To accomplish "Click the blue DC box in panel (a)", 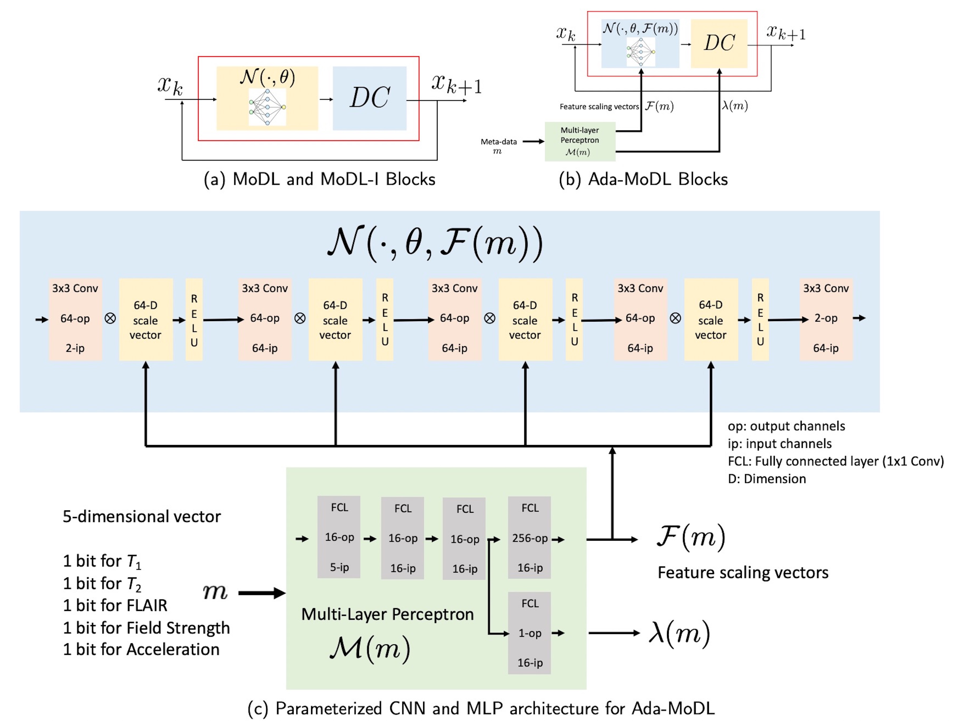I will pyautogui.click(x=369, y=98).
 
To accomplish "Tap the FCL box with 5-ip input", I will pyautogui.click(x=339, y=537).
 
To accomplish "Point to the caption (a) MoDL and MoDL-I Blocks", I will pyautogui.click(x=319, y=179).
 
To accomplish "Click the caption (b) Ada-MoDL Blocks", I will pyautogui.click(x=643, y=179).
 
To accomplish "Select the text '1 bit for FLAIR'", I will pyautogui.click(x=115, y=605).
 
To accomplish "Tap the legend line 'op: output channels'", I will pyautogui.click(x=786, y=426).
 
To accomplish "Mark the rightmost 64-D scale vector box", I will pyautogui.click(x=710, y=320).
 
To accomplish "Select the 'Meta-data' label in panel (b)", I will pyautogui.click(x=499, y=142).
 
